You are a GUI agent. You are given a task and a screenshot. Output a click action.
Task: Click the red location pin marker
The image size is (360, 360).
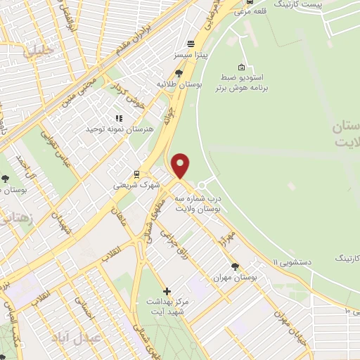click(x=181, y=166)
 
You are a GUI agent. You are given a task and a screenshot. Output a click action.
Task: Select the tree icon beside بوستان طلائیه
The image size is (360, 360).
click(x=179, y=72)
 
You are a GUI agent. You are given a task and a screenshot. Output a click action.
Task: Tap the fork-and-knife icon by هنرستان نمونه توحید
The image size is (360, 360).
click(x=118, y=119)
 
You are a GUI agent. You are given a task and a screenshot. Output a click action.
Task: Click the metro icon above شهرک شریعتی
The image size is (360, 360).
click(x=136, y=175)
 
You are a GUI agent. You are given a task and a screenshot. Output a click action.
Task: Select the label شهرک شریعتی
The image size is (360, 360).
click(x=136, y=185)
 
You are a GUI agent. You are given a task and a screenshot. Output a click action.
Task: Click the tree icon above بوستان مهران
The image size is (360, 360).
click(x=234, y=266)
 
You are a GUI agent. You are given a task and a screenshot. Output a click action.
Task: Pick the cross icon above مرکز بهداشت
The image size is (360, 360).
click(x=167, y=290)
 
